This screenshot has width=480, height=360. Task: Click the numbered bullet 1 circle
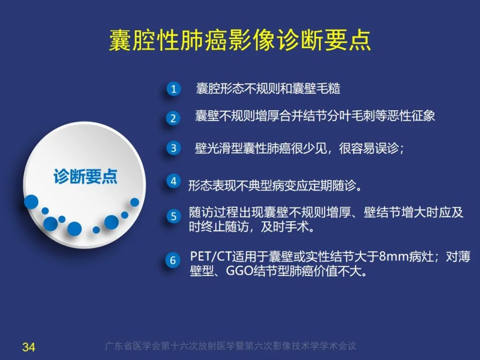click(x=173, y=89)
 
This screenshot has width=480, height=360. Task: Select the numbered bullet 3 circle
click(x=173, y=148)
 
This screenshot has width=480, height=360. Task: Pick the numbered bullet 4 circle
click(x=173, y=181)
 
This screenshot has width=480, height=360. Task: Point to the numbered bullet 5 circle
click(x=173, y=216)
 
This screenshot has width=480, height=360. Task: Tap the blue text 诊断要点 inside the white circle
click(x=85, y=176)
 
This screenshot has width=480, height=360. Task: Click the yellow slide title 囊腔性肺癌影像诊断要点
click(x=240, y=41)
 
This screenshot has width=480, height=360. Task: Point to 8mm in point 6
click(x=392, y=257)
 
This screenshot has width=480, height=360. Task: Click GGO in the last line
click(x=240, y=271)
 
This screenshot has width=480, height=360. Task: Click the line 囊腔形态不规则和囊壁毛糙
click(x=268, y=89)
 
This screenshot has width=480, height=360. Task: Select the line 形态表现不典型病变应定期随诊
click(x=275, y=185)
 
